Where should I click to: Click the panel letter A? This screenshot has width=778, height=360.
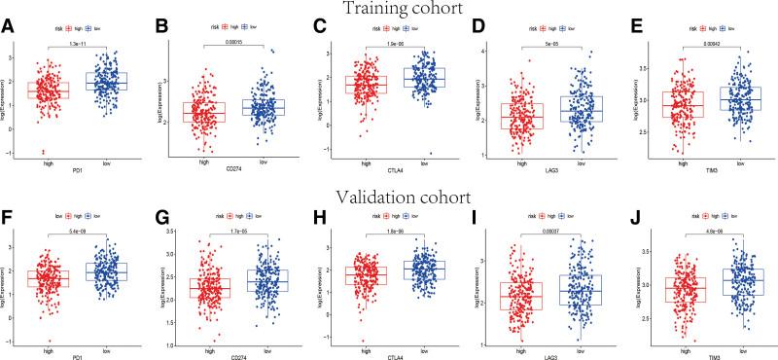(x=8, y=27)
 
